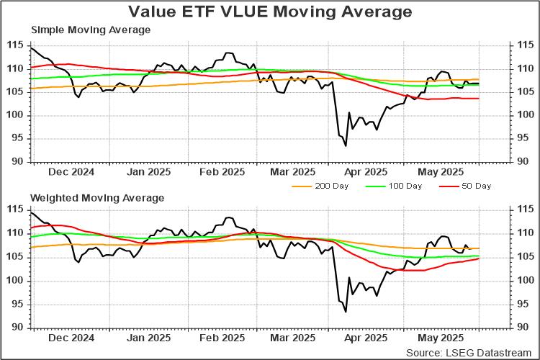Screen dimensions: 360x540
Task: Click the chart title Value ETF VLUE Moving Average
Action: (270, 12)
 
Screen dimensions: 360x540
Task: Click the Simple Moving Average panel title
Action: (90, 30)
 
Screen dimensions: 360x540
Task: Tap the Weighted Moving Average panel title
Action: (96, 197)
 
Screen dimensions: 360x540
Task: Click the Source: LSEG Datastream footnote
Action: (471, 353)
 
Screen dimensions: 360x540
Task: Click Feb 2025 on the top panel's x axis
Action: (222, 172)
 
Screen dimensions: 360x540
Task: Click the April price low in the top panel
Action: (346, 146)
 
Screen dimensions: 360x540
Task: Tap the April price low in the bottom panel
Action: (346, 312)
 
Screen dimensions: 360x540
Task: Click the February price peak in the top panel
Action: (228, 53)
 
